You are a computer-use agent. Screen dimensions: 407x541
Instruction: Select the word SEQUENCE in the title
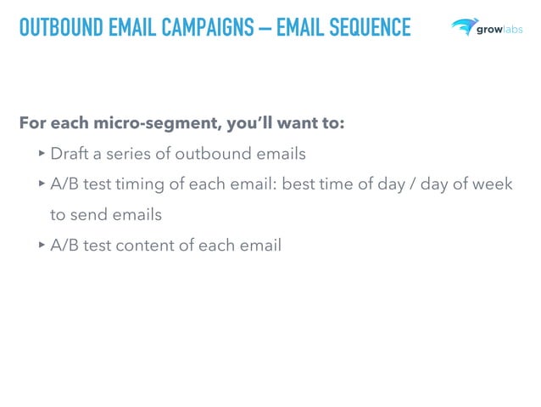pos(369,28)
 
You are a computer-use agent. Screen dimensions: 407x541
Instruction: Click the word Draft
pos(70,154)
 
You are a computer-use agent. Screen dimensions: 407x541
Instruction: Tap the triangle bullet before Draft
pos(42,154)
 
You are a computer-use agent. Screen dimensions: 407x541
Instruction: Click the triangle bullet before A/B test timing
pos(42,184)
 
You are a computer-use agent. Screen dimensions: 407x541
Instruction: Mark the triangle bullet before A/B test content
pos(42,246)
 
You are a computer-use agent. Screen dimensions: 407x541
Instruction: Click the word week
pos(492,184)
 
